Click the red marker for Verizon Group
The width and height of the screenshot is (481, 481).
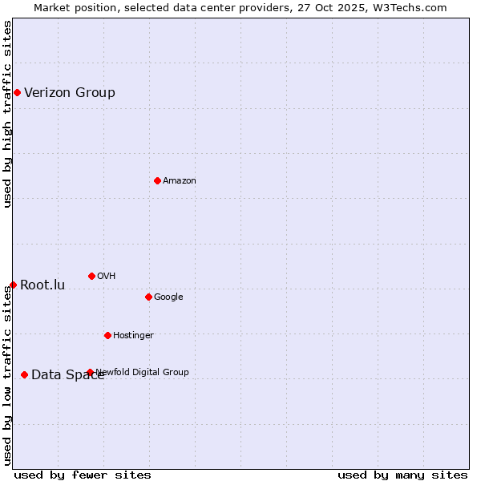click(17, 92)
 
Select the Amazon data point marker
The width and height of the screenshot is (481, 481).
click(157, 180)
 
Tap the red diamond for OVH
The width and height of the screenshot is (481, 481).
click(91, 276)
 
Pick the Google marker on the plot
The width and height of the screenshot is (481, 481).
click(148, 297)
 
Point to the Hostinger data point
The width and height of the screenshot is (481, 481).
click(107, 335)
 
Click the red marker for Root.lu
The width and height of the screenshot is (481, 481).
click(13, 285)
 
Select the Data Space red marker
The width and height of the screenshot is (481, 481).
click(24, 374)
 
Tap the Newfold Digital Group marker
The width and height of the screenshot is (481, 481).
click(90, 372)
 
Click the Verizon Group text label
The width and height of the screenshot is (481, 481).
click(70, 92)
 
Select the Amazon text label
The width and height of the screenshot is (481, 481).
click(180, 180)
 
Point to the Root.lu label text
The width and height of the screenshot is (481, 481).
click(42, 285)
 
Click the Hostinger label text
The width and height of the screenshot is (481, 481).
click(133, 335)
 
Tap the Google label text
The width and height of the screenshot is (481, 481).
click(168, 297)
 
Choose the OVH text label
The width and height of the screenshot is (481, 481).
click(107, 276)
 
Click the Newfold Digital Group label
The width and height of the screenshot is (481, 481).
click(143, 372)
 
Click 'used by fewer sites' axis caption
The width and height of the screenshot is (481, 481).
click(83, 475)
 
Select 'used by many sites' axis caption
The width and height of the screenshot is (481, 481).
click(402, 475)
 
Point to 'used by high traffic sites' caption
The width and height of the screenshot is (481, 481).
click(7, 114)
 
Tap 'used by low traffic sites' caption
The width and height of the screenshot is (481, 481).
click(7, 375)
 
